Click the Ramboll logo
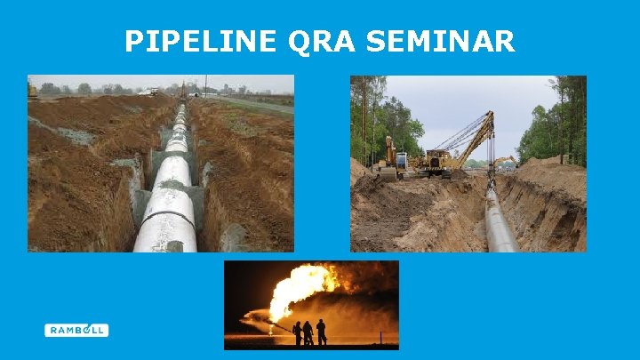click(76, 330)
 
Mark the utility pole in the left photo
click(206, 87)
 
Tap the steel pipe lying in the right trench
click(498, 222)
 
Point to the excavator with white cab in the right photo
click(391, 160)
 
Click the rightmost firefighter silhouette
click(321, 332)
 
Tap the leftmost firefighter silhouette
click(297, 332)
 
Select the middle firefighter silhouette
click(308, 332)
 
